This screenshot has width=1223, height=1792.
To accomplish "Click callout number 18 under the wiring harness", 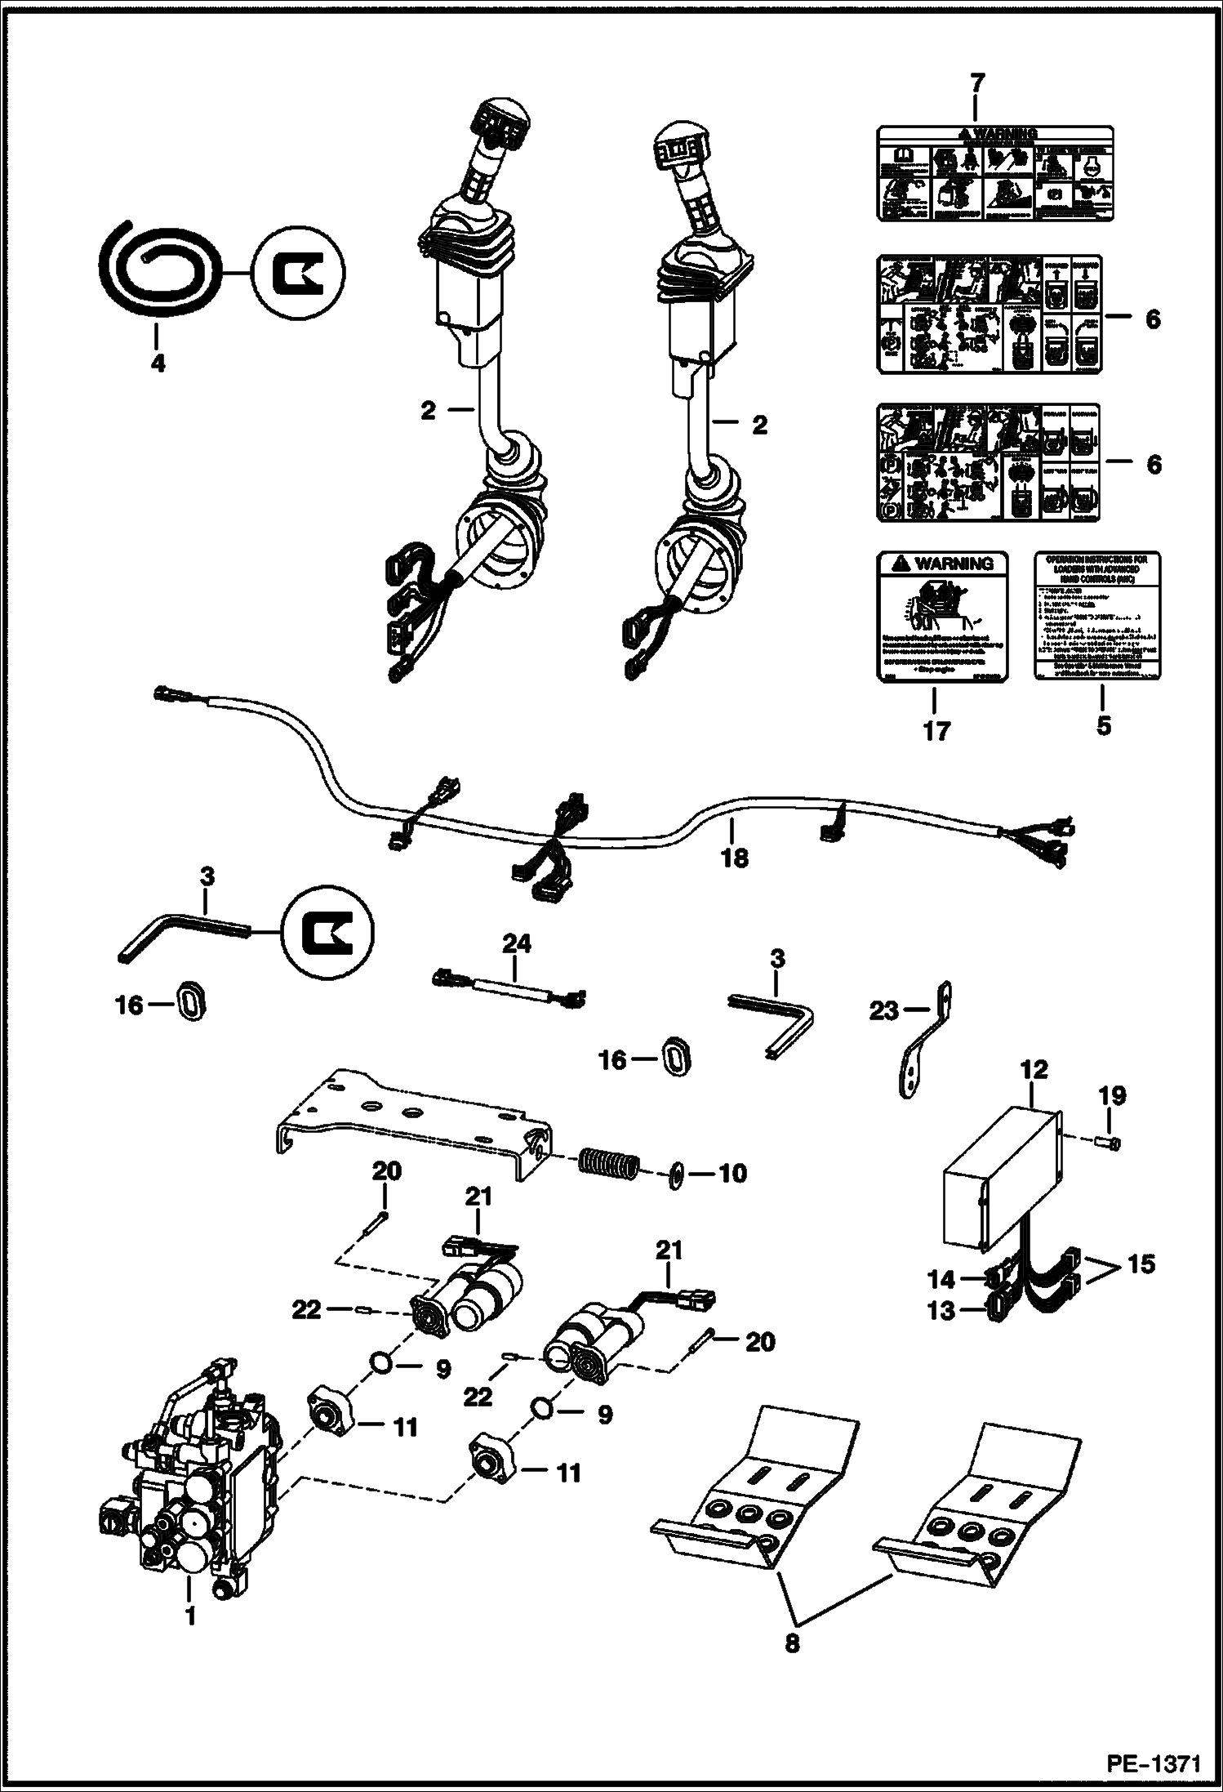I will (734, 858).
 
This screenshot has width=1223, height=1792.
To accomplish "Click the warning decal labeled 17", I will (936, 614).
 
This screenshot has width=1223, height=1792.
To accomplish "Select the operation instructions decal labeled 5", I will (1099, 614).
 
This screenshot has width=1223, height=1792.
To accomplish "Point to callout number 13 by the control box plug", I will (941, 1312).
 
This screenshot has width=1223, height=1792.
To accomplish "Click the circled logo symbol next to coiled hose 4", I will (298, 271).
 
